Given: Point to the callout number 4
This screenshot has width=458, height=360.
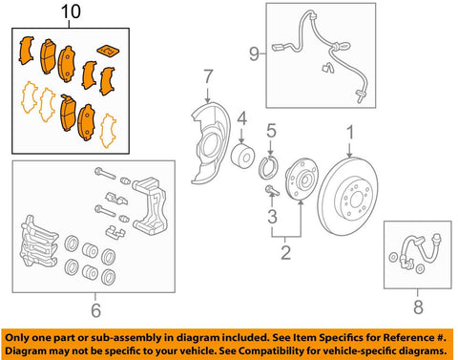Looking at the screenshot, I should point(242,119).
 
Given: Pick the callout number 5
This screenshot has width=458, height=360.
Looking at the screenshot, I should point(271,131).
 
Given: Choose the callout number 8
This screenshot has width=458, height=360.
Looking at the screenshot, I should point(418,307).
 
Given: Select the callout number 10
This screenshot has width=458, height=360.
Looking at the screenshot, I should point(72,13).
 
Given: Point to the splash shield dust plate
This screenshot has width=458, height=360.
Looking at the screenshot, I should point(213,138).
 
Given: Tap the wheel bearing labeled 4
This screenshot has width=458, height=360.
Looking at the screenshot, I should point(242,158).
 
